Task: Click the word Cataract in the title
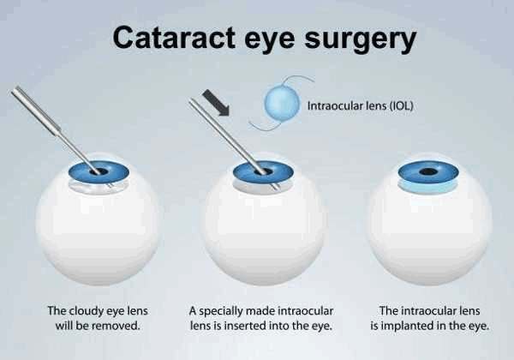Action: pos(174,38)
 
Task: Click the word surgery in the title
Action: pos(361,40)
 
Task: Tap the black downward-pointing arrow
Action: pos(216,103)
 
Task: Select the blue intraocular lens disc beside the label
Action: pos(283,104)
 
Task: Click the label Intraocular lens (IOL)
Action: pos(360,106)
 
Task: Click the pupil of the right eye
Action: pos(428,171)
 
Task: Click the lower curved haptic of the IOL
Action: pos(262,127)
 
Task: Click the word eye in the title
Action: pos(270,41)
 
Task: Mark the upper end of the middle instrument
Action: pos(191,100)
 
